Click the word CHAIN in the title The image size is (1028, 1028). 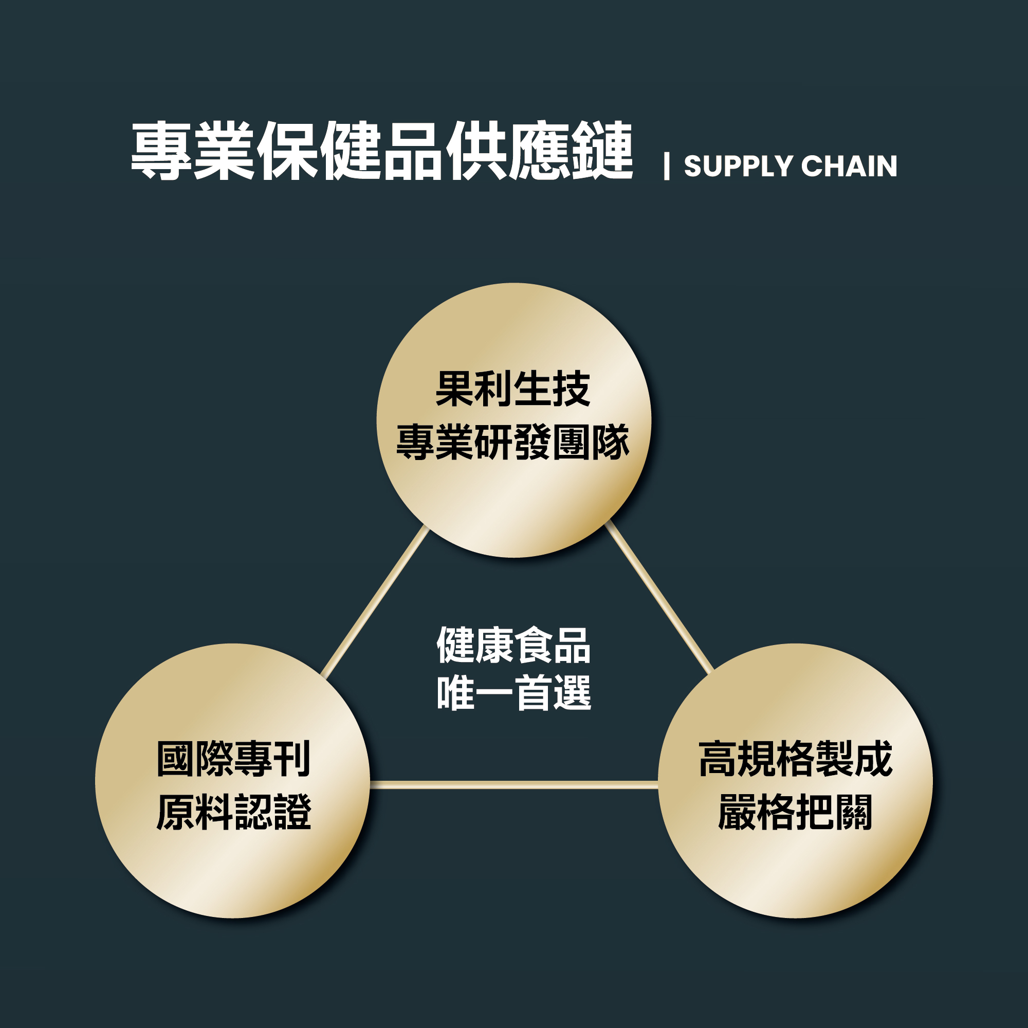click(x=849, y=166)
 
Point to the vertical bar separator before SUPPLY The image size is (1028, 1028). click(x=666, y=166)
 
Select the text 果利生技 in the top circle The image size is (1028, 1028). click(x=513, y=389)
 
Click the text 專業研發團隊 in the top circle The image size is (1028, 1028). click(x=513, y=442)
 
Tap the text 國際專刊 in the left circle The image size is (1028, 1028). click(x=233, y=759)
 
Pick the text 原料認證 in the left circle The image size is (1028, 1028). click(x=233, y=813)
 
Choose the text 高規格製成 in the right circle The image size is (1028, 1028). click(x=795, y=759)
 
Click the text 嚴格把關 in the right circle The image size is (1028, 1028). click(x=795, y=813)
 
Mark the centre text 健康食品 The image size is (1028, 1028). click(x=513, y=646)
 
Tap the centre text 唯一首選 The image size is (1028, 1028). click(x=513, y=693)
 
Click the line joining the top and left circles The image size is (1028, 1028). click(x=375, y=602)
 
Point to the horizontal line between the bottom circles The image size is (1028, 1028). click(x=513, y=785)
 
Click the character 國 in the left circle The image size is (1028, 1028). click(x=175, y=759)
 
